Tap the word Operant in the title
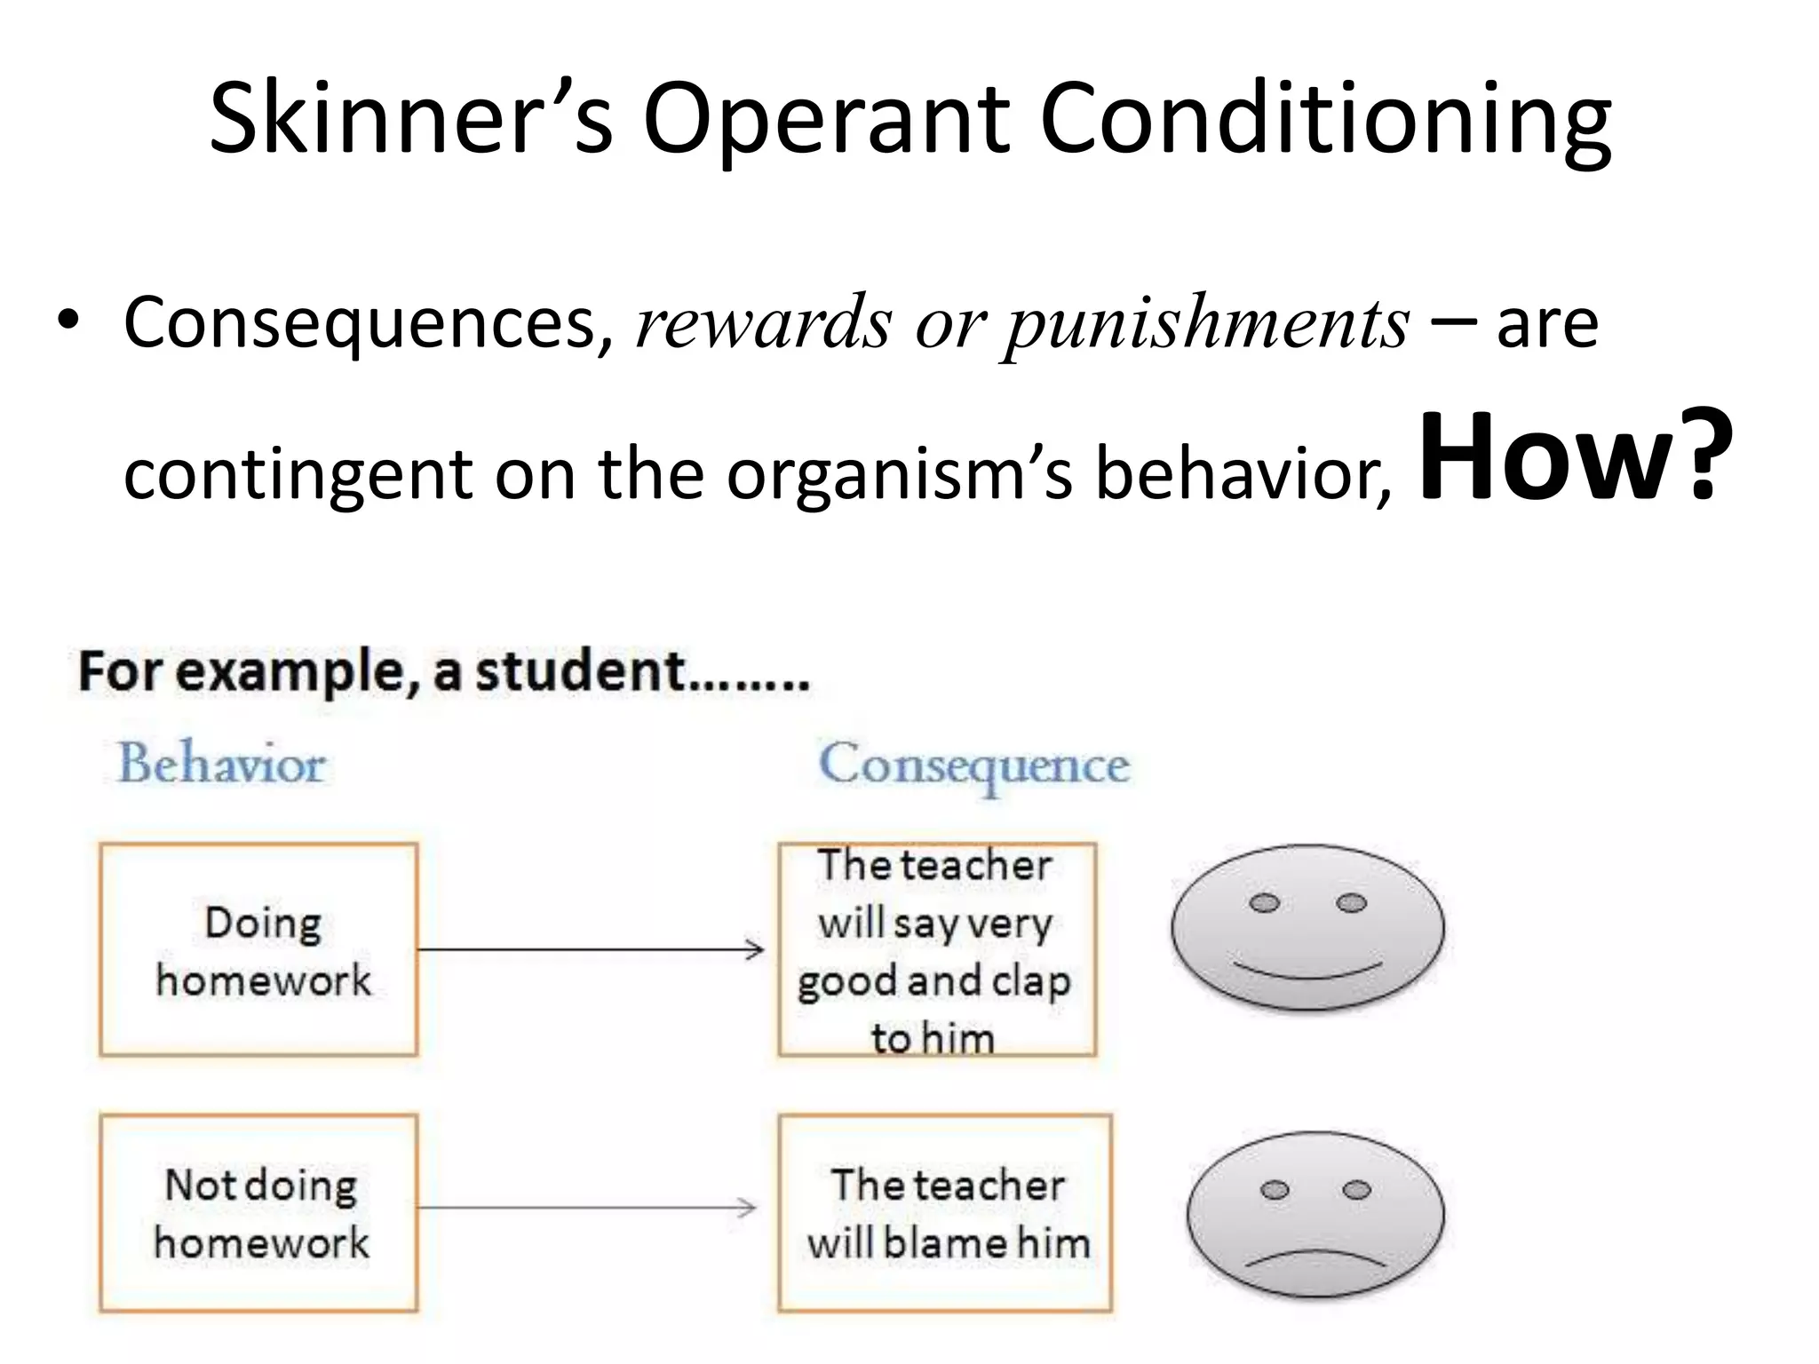coord(826,119)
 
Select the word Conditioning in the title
coord(1324,119)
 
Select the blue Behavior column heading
coord(222,764)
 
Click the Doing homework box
coord(258,949)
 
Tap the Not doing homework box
coord(258,1212)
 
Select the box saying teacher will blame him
coord(945,1212)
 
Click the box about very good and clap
coord(937,949)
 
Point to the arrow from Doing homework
coord(591,950)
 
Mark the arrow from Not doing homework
coord(586,1208)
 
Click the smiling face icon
coord(1307,927)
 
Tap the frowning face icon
coord(1315,1213)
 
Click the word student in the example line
coord(580,671)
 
